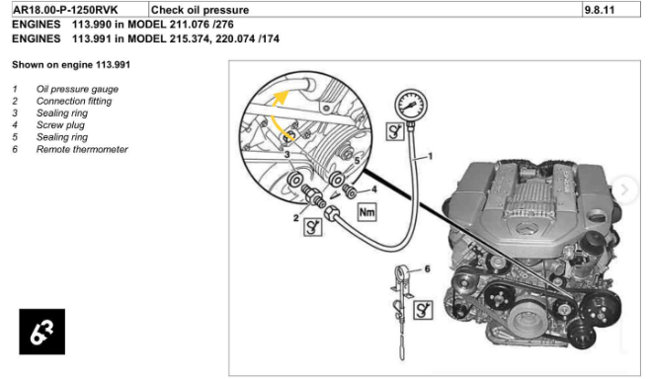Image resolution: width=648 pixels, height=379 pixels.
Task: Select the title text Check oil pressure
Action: point(200,10)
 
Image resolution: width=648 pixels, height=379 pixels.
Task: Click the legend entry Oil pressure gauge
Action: point(77,89)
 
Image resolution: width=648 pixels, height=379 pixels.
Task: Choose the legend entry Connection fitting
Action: point(74,101)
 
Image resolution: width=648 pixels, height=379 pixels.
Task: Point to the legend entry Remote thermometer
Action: point(82,149)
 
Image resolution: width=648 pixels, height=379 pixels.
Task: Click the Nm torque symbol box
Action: point(365,212)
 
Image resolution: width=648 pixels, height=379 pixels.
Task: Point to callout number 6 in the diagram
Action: point(427,268)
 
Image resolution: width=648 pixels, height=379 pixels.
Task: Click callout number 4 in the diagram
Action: point(375,188)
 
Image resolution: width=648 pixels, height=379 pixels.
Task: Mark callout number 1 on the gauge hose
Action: point(431,158)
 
